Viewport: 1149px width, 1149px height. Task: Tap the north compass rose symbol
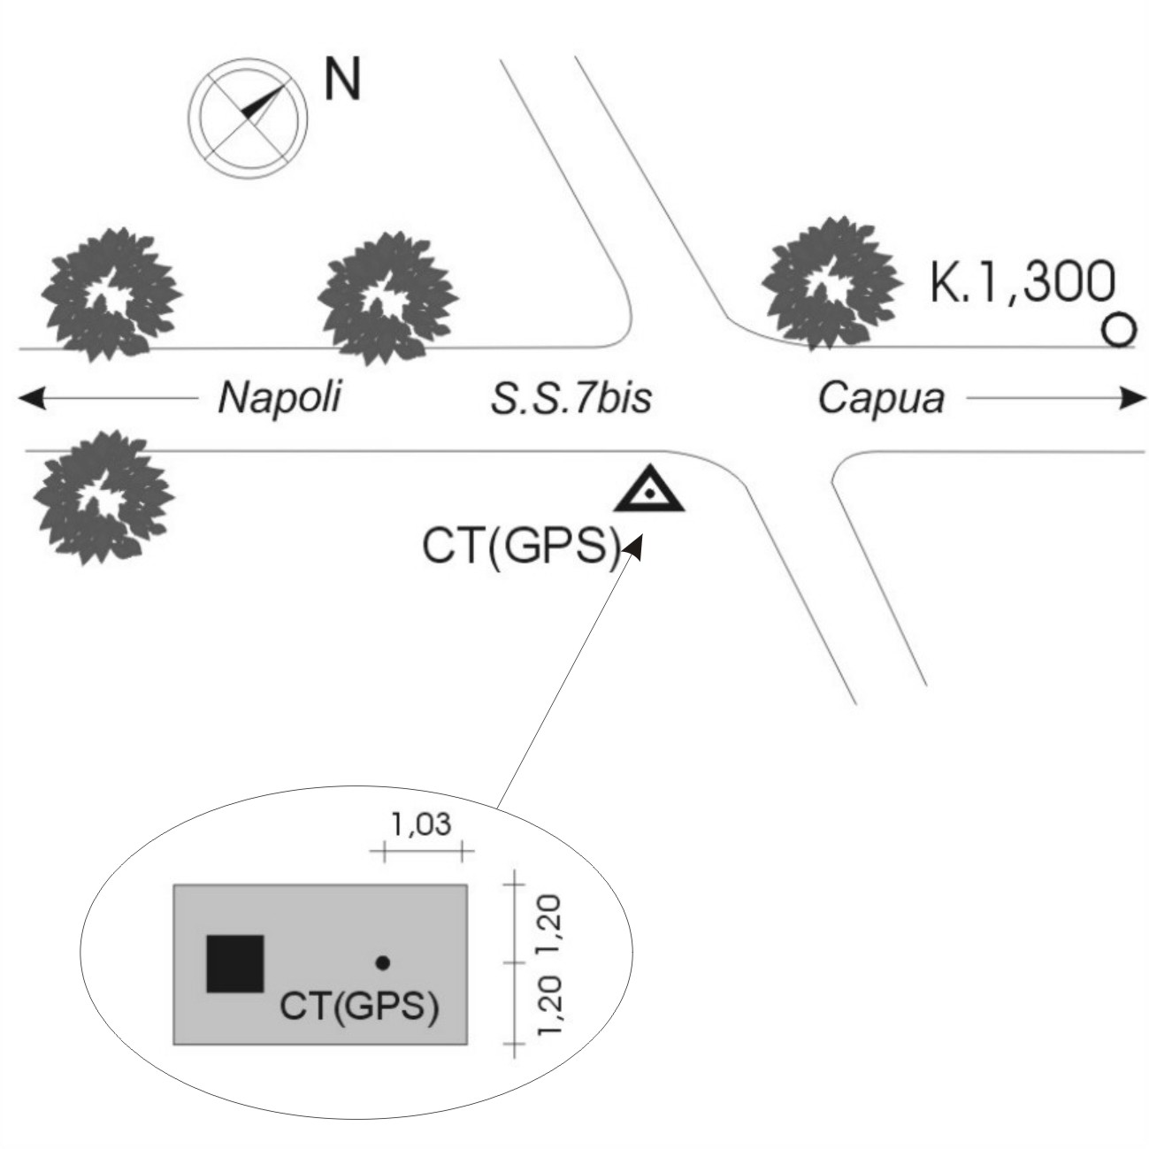(x=249, y=115)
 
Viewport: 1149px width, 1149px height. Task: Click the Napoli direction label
(x=280, y=398)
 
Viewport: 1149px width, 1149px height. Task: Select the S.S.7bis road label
(x=571, y=398)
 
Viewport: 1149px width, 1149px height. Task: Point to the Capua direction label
(x=880, y=398)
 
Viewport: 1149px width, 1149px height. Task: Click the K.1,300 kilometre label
(x=1022, y=283)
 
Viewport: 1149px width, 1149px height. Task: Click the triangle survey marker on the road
(x=649, y=491)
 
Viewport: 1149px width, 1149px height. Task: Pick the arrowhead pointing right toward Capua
(x=1132, y=399)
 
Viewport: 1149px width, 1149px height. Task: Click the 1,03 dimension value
(x=422, y=825)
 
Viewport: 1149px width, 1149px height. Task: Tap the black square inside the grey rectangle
(x=234, y=963)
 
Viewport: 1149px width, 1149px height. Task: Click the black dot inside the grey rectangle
(x=382, y=961)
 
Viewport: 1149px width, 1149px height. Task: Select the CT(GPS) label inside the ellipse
(x=358, y=1007)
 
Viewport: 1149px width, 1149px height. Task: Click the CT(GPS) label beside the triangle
(x=520, y=548)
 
